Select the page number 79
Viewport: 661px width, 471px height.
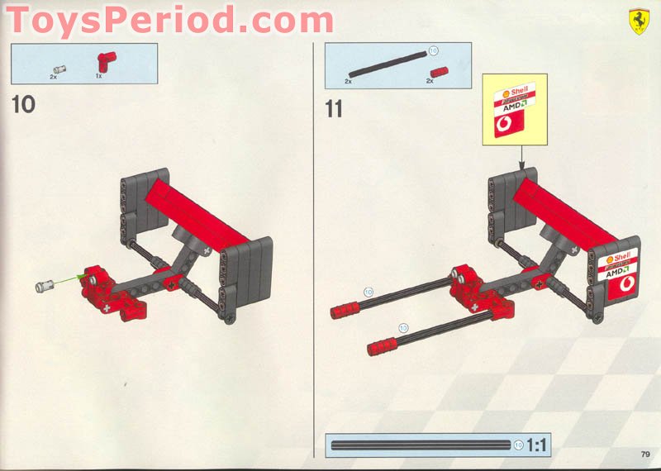[644, 452]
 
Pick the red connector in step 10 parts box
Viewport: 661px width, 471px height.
[105, 59]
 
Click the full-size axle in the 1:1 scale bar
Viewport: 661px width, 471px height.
[420, 445]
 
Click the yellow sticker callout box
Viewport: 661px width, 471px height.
[516, 109]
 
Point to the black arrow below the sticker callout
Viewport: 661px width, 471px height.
[522, 157]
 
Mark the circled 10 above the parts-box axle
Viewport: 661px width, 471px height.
[433, 50]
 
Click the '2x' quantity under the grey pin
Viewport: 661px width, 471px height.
[53, 76]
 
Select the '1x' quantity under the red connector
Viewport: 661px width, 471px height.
[98, 76]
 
